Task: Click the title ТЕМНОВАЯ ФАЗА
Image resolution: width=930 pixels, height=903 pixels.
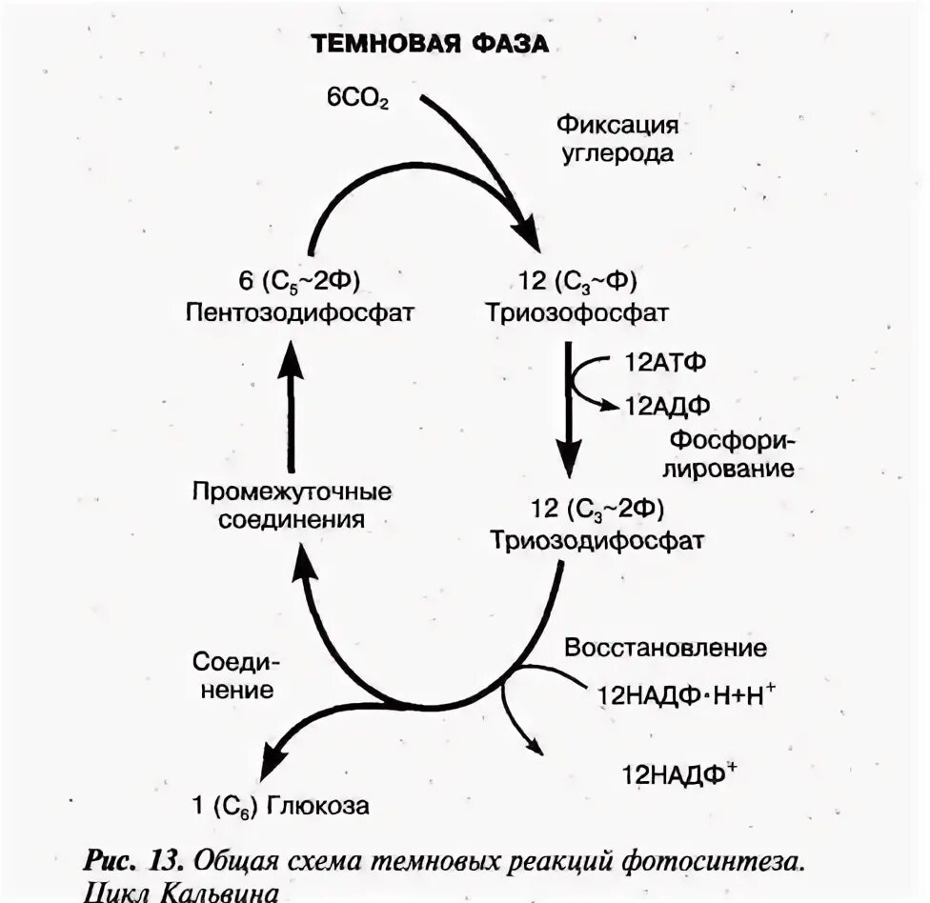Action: click(x=429, y=45)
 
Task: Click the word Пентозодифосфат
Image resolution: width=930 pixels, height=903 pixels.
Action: click(x=299, y=312)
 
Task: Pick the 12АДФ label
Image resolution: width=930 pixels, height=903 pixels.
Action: click(x=668, y=405)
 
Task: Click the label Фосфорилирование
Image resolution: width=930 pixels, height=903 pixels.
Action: click(x=732, y=454)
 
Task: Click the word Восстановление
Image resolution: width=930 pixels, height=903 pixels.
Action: click(x=665, y=648)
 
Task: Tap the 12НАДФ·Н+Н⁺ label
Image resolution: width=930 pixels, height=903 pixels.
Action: click(x=686, y=694)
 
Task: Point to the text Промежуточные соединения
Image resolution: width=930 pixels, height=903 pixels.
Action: click(x=292, y=506)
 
